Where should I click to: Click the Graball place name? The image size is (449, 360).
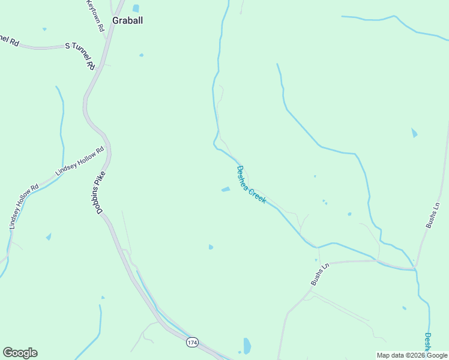pyautogui.click(x=127, y=20)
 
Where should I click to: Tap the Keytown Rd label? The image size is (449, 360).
pyautogui.click(x=95, y=15)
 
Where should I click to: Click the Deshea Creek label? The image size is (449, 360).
pyautogui.click(x=251, y=185)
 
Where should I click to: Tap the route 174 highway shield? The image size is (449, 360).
pyautogui.click(x=191, y=342)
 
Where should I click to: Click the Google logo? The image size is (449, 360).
pyautogui.click(x=20, y=353)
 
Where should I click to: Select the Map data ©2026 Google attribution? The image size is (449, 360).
pyautogui.click(x=412, y=355)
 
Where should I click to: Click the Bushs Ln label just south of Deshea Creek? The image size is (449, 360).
pyautogui.click(x=321, y=274)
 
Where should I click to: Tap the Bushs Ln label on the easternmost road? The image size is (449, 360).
pyautogui.click(x=433, y=215)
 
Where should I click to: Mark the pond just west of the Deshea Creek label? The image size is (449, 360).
pyautogui.click(x=226, y=190)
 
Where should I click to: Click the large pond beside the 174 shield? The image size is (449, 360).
pyautogui.click(x=247, y=346)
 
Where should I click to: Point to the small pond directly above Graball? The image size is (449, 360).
pyautogui.click(x=136, y=8)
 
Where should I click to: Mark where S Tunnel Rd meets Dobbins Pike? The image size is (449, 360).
pyautogui.click(x=97, y=67)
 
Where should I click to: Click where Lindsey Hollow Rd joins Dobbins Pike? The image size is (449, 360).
pyautogui.click(x=108, y=146)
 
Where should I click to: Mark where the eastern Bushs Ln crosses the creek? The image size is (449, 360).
pyautogui.click(x=415, y=268)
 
